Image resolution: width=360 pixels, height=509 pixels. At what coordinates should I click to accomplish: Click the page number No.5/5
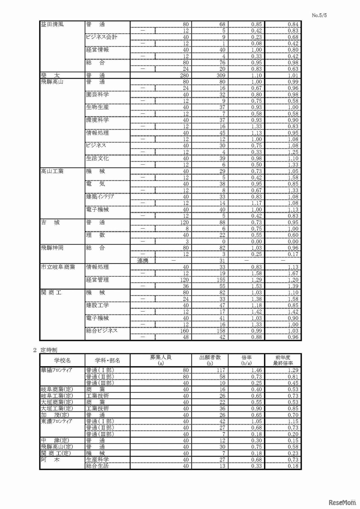(x=319, y=15)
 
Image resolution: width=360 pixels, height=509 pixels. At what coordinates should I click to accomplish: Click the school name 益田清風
(x=52, y=24)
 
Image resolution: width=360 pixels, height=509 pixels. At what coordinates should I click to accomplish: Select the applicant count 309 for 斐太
(x=220, y=75)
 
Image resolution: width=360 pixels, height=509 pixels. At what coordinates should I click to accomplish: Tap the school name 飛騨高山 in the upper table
(x=52, y=82)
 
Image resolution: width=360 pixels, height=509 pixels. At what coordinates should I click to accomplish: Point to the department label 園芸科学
(x=97, y=95)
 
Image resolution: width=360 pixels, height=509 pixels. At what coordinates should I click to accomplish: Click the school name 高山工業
(x=52, y=171)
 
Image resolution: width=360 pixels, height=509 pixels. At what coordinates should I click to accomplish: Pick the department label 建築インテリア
(x=100, y=197)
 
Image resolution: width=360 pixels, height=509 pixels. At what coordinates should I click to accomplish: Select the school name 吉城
(x=50, y=223)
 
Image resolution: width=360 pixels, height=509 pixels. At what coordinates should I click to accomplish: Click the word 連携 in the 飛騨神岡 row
(x=143, y=261)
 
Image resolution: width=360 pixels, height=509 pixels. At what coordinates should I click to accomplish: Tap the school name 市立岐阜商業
(x=58, y=267)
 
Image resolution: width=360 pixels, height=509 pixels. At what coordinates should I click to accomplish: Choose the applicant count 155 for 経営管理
(x=221, y=280)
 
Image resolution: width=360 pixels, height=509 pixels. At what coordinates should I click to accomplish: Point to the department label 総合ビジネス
(x=102, y=331)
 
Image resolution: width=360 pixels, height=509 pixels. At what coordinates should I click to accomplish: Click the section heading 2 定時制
(x=45, y=350)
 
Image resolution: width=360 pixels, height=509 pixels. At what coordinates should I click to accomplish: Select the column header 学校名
(x=62, y=360)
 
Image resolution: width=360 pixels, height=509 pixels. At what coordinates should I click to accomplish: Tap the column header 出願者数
(x=210, y=358)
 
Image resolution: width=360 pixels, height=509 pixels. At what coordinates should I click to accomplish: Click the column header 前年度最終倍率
(x=283, y=360)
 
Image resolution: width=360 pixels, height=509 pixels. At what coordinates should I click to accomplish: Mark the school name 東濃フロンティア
(x=57, y=421)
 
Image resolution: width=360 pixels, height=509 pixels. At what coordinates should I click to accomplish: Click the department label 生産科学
(x=97, y=460)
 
